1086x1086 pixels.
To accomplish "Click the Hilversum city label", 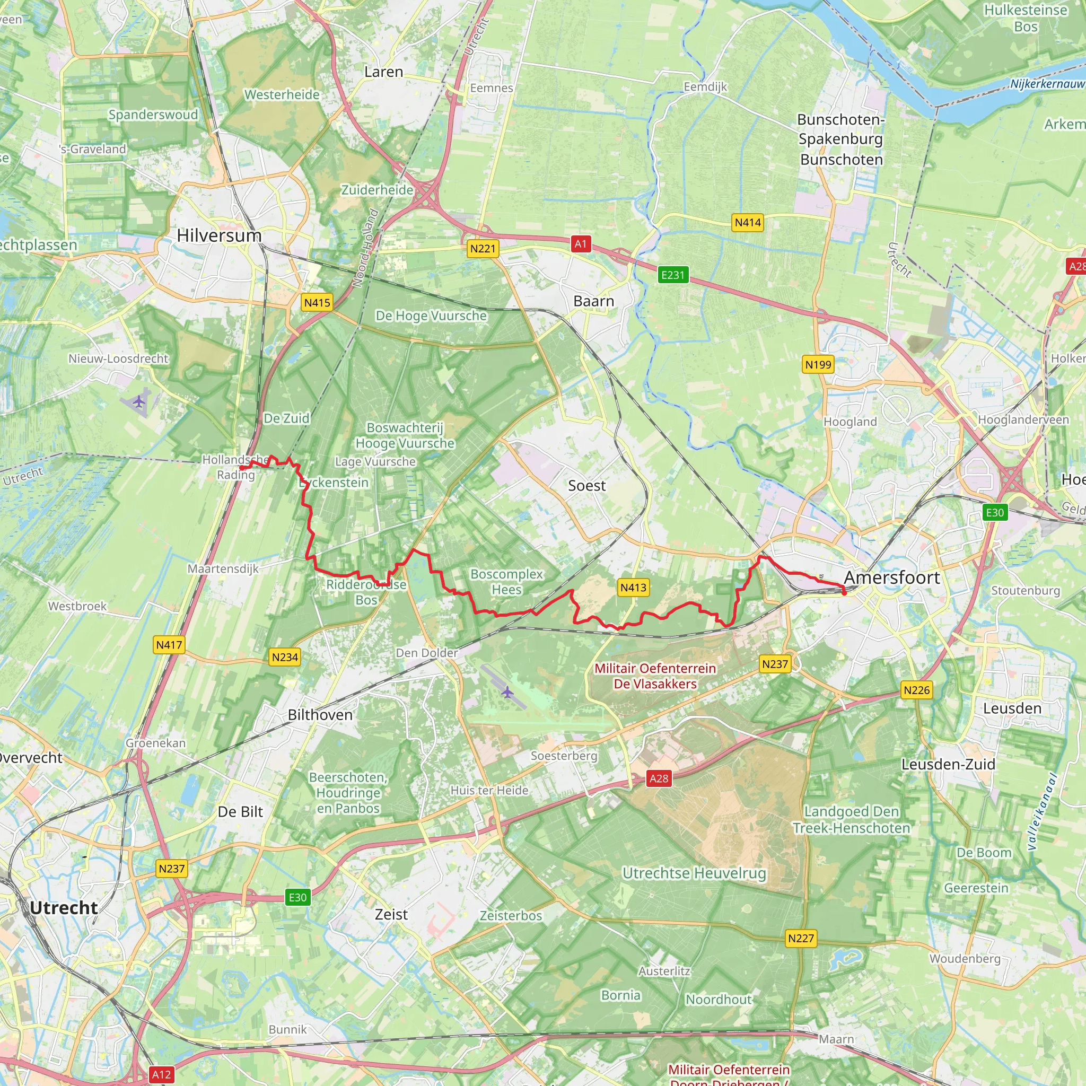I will point(219,235).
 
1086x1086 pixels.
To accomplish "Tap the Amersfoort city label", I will point(891,577).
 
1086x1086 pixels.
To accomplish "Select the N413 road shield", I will point(634,588).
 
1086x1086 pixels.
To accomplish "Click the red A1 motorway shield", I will point(581,244).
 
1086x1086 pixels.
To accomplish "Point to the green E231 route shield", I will point(673,275).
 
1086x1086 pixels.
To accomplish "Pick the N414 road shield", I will point(748,223).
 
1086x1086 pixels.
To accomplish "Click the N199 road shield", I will point(818,365).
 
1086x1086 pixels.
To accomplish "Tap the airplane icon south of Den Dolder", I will point(507,692).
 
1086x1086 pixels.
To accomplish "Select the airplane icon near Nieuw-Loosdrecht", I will point(139,402).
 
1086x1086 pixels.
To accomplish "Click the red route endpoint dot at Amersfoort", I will point(844,592).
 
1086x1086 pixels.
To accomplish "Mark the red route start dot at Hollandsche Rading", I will point(242,468).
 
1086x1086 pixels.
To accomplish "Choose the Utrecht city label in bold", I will point(64,908).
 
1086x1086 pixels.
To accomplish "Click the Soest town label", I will point(586,486).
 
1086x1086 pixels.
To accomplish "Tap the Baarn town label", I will point(593,301).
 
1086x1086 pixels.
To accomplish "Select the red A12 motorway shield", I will point(161,1075).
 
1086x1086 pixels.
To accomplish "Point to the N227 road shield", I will point(800,938).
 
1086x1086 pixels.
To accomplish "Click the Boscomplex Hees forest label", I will point(506,582).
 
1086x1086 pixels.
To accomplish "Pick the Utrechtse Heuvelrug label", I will point(694,873).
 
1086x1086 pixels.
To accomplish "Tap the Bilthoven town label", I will point(320,715).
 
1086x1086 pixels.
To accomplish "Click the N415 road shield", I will point(317,303).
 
